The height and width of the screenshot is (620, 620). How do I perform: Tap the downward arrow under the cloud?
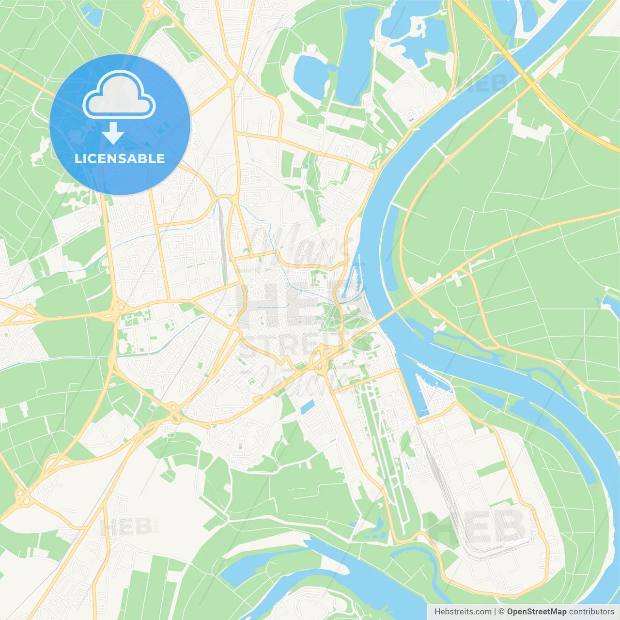point(113,133)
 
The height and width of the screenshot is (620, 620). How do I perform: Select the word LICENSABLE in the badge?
point(120,158)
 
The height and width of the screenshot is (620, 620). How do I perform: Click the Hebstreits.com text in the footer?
point(463,612)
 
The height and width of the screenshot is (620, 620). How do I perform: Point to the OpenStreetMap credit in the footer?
point(536,612)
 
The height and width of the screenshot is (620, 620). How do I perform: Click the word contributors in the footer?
point(591,612)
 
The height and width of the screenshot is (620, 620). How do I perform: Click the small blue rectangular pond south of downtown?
point(307,407)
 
